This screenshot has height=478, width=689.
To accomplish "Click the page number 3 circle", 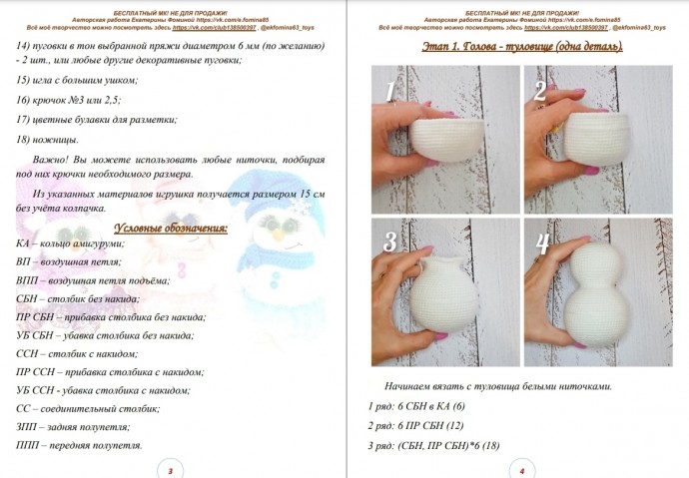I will (x=171, y=469).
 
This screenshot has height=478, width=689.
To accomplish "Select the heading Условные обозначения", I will (x=170, y=227).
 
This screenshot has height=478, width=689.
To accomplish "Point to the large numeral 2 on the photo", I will (x=540, y=92).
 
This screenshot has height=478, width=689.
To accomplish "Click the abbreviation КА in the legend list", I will (x=23, y=243).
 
